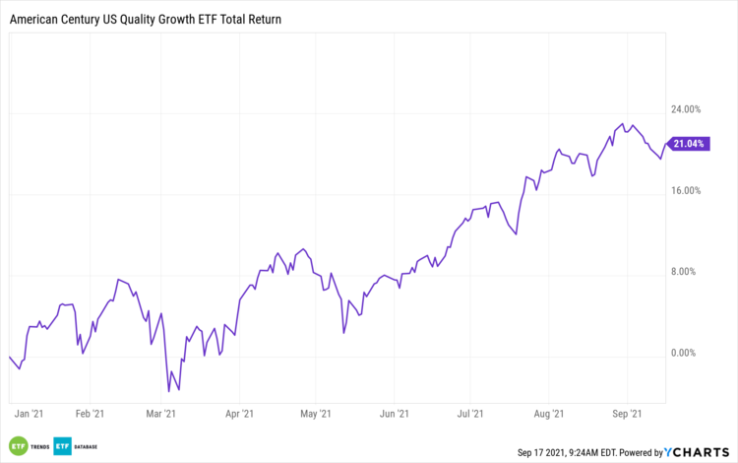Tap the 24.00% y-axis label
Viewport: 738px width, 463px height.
pyautogui.click(x=687, y=109)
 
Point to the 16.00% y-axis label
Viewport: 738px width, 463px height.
pyautogui.click(x=687, y=191)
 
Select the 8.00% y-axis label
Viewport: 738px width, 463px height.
pyautogui.click(x=689, y=272)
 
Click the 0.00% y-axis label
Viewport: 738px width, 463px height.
pyautogui.click(x=689, y=353)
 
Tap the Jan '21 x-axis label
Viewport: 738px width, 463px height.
pyautogui.click(x=30, y=415)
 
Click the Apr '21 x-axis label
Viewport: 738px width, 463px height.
pyautogui.click(x=240, y=415)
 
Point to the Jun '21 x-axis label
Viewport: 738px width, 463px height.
pyautogui.click(x=395, y=415)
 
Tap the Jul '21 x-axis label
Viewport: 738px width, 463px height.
pyautogui.click(x=470, y=415)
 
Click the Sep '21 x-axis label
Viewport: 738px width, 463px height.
pyautogui.click(x=628, y=415)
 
